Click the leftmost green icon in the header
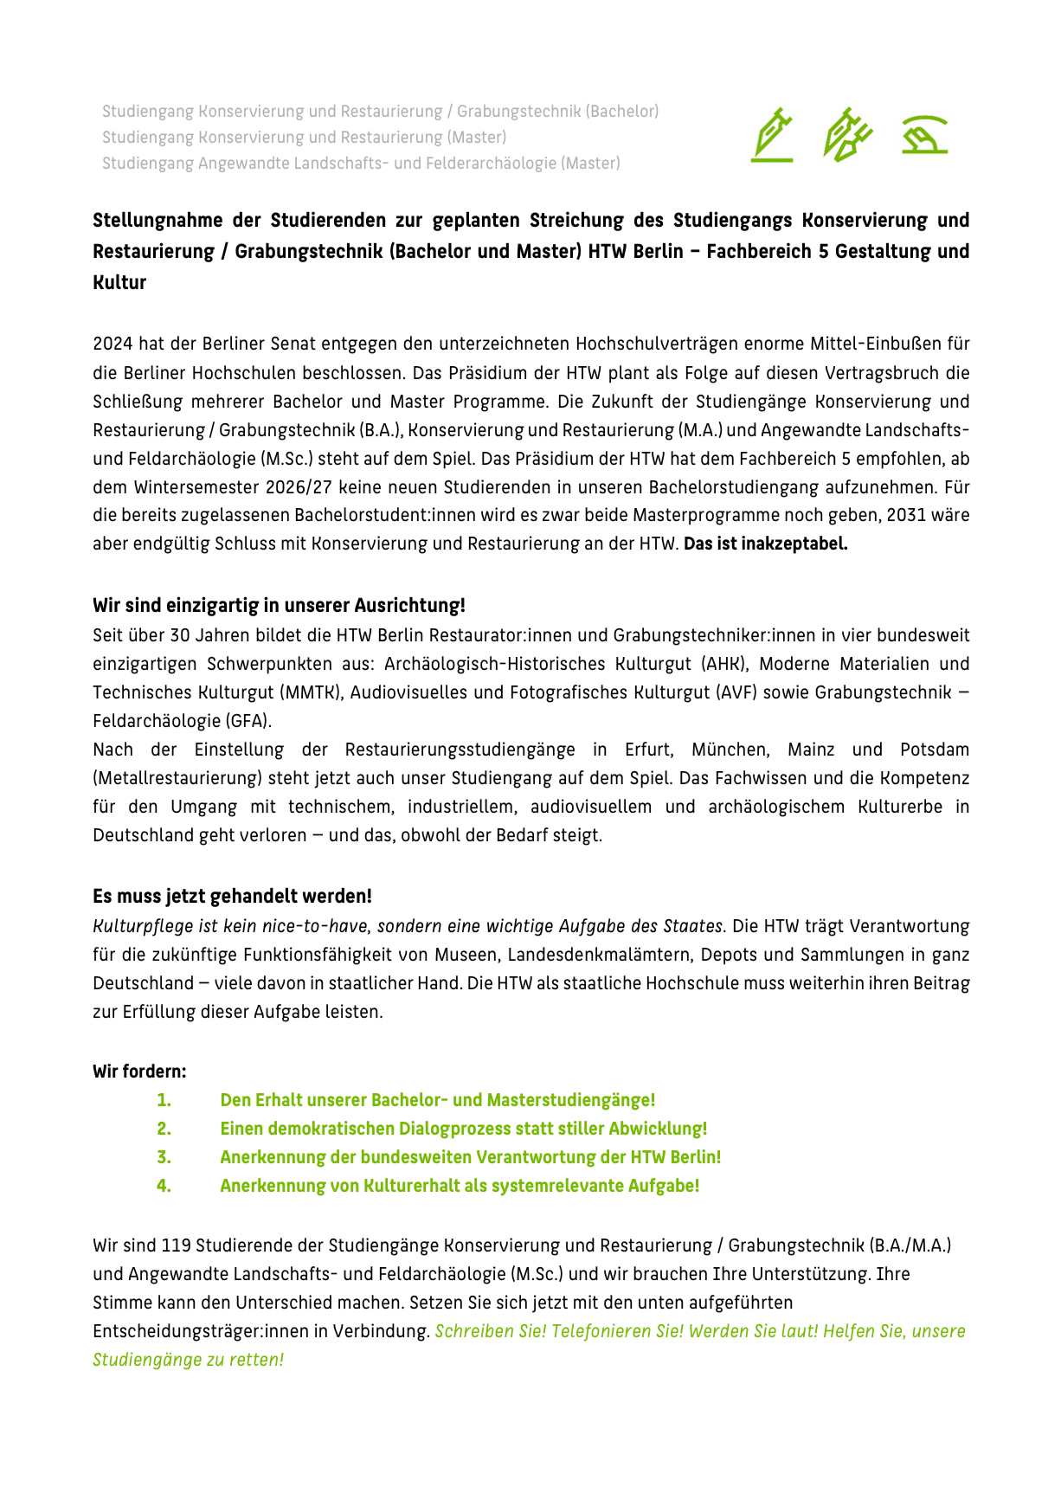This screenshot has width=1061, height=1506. (x=772, y=136)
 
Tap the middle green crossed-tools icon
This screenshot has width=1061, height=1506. (x=847, y=135)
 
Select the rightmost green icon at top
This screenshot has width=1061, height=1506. (x=924, y=135)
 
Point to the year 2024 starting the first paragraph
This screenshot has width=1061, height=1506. (x=113, y=344)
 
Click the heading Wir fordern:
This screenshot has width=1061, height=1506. (x=139, y=1072)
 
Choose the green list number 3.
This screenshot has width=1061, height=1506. (x=164, y=1157)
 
